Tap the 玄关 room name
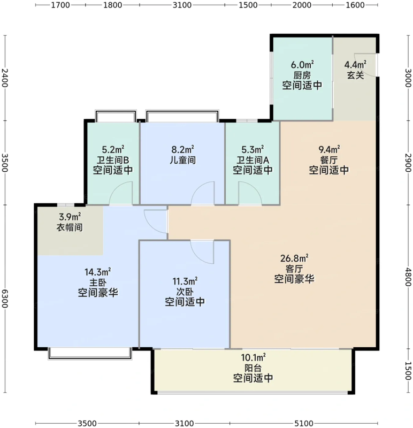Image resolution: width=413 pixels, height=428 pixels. click(x=355, y=75)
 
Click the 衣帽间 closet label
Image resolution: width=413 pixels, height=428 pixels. click(x=70, y=227)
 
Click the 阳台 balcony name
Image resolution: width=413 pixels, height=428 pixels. click(x=253, y=368)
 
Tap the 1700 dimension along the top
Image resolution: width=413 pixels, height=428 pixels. click(x=62, y=6)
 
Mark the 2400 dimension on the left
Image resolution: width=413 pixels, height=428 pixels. click(x=5, y=80)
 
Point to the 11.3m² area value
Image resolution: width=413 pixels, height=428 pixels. click(x=185, y=281)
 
